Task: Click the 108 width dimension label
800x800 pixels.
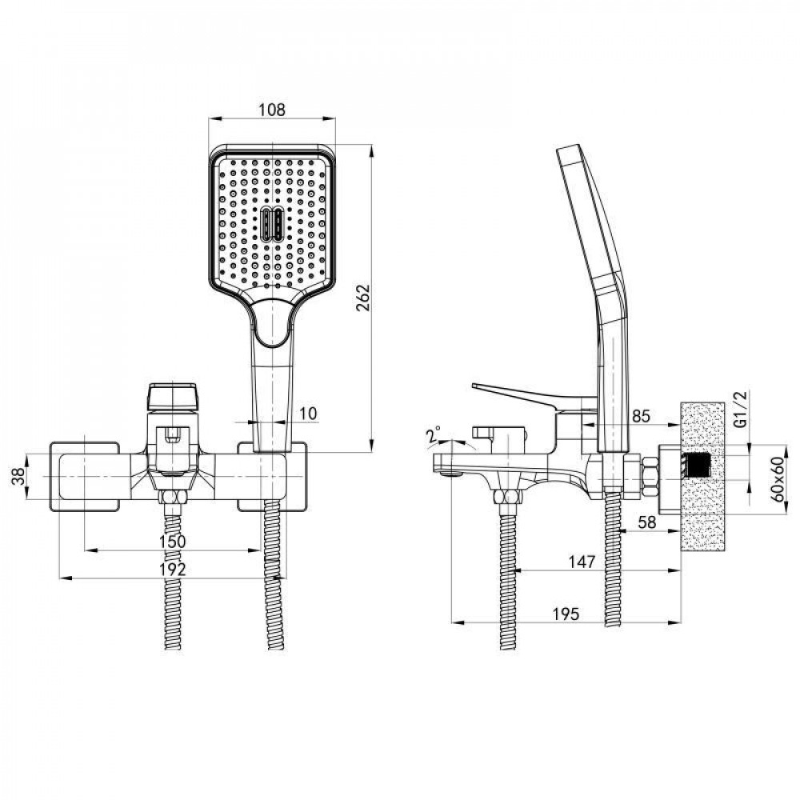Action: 272,109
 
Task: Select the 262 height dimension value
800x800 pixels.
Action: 362,297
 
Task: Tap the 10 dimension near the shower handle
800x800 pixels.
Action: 308,414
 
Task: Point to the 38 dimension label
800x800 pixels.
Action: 19,476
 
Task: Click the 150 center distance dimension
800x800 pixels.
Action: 173,542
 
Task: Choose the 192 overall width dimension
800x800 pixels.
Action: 173,569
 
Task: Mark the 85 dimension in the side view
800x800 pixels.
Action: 641,416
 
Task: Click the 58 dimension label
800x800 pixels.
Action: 647,522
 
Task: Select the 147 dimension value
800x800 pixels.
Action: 582,562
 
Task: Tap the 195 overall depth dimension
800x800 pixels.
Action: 566,614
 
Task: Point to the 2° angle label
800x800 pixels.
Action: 434,435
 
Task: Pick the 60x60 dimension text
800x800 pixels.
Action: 777,478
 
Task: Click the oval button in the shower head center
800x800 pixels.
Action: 272,224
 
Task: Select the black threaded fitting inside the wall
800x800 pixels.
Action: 698,466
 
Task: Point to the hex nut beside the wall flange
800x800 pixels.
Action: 650,477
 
